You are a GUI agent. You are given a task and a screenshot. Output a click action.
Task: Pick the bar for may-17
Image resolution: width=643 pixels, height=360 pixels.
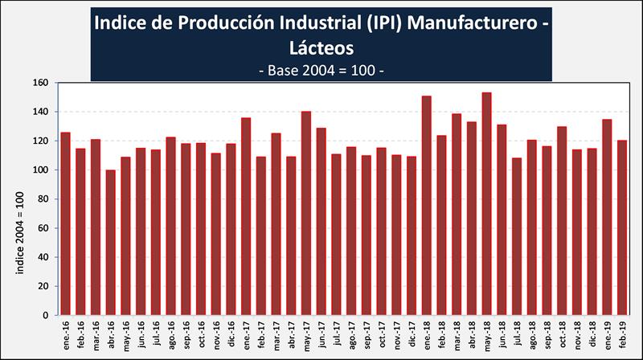coord(306,213)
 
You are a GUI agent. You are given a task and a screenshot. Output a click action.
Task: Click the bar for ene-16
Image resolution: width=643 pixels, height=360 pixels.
coord(66,223)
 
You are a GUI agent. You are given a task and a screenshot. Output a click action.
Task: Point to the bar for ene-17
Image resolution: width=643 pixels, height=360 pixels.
coord(246,216)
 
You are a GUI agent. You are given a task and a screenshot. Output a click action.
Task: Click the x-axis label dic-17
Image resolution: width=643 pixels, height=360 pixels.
coord(412,332)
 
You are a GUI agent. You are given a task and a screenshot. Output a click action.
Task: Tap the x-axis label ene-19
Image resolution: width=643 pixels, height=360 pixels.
coord(608,332)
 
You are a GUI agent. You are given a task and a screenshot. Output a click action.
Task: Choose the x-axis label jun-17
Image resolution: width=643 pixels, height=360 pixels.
coord(322,332)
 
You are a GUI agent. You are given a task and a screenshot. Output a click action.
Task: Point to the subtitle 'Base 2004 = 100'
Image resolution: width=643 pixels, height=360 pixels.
coord(321,71)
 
